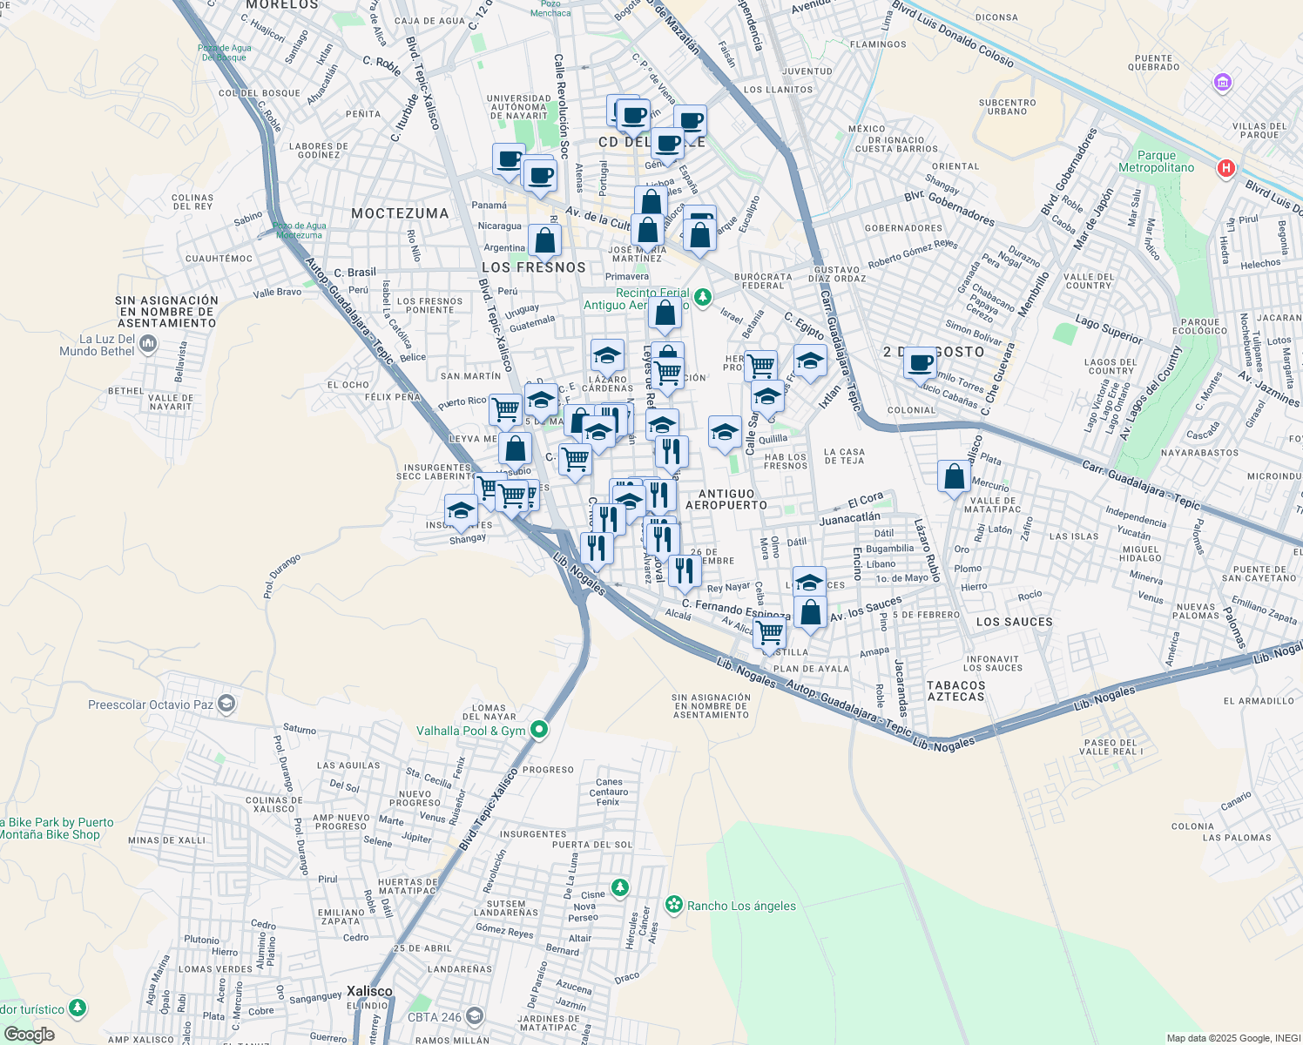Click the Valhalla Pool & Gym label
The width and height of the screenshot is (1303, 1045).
click(x=470, y=731)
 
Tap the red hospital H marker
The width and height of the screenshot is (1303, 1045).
click(x=1226, y=169)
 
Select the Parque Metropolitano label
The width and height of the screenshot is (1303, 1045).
click(x=1157, y=161)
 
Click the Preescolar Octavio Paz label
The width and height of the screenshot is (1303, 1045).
click(x=151, y=705)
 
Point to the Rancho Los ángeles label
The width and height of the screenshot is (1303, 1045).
click(x=741, y=906)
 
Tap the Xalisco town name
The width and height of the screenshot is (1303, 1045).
click(x=369, y=991)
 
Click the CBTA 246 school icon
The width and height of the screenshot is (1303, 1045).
click(x=474, y=1016)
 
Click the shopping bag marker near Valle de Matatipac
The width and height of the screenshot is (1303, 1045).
click(x=955, y=477)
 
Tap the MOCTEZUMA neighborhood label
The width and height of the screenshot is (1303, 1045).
click(x=400, y=213)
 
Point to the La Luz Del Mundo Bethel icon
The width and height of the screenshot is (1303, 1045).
click(x=147, y=345)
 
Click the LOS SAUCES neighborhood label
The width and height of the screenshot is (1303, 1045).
click(x=1015, y=622)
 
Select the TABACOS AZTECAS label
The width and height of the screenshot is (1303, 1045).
click(x=955, y=691)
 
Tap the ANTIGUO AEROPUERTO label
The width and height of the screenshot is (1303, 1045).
click(x=726, y=499)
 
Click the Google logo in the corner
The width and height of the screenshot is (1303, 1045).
click(x=29, y=1035)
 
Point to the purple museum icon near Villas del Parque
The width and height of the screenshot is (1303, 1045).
click(x=1223, y=84)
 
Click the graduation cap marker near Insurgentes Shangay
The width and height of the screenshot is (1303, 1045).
click(x=460, y=510)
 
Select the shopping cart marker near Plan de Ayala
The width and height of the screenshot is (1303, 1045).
click(x=769, y=633)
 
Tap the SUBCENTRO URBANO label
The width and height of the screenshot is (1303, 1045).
click(x=1008, y=106)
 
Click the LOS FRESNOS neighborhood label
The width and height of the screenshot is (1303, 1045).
click(x=534, y=267)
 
